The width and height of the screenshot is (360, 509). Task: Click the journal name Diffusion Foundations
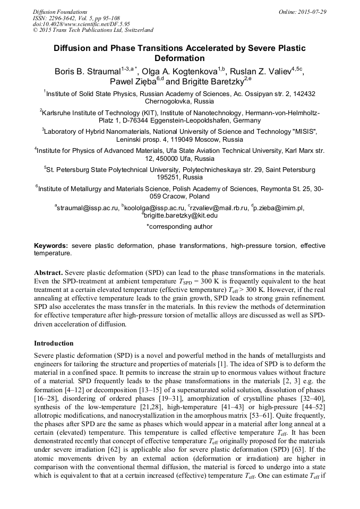[x=60, y=12]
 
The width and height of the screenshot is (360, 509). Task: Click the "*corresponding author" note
[x=179, y=227]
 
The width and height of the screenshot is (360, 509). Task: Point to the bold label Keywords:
[x=51, y=246]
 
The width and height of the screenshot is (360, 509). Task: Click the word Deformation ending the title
[x=179, y=58]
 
